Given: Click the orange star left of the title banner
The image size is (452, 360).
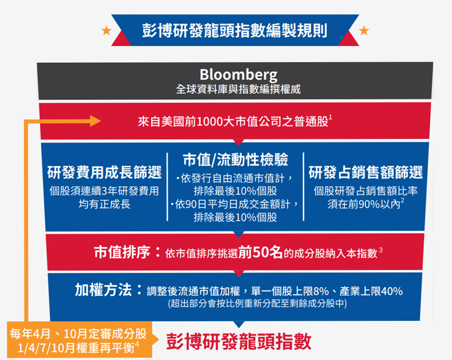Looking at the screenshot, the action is pos(106,30).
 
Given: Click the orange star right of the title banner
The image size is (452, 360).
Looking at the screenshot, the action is pos(364,30).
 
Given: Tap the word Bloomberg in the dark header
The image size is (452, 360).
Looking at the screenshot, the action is pos(239,74).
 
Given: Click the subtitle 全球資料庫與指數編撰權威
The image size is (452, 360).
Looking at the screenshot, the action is pos(238,89).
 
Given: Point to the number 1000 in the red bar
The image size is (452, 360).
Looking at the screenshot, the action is pos(210,122).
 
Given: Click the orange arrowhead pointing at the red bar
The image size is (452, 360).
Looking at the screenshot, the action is pos(95,121).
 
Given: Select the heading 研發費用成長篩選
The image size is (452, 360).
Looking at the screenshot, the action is pos(104,172).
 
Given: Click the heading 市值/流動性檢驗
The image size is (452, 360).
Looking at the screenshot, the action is pos(236,160).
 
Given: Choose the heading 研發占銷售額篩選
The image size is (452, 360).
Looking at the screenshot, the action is pos(365,172).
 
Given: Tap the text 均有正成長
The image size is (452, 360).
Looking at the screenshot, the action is pos(104,204).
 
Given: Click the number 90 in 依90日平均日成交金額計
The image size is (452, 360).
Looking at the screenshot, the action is pos(191,204).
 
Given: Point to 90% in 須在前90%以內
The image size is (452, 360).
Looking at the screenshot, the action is pos(369,204).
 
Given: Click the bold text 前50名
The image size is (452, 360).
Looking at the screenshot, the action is pos(261,252).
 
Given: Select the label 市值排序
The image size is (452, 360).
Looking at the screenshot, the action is pos(122,252).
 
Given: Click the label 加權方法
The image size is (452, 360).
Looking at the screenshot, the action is pos(103,290).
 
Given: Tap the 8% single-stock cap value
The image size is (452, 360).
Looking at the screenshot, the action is pos(321,291).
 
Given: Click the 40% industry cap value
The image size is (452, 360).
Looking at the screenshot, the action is pos(392,291).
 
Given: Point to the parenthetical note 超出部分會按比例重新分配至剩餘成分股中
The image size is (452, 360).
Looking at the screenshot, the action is pos(257,304).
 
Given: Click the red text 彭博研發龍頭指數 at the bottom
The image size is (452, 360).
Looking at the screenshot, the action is pos(239,341).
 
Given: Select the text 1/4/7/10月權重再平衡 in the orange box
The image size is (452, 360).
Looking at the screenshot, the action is pos(78,348).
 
